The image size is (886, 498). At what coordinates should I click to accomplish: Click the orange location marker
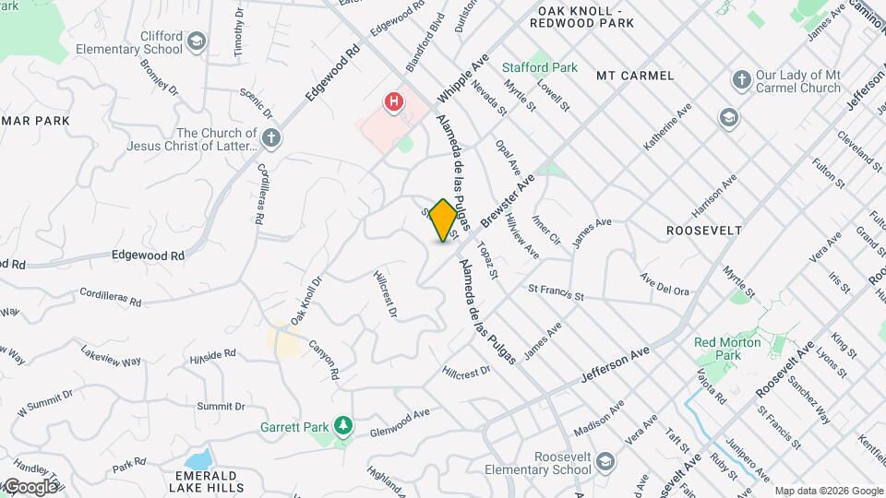pyautogui.click(x=444, y=220)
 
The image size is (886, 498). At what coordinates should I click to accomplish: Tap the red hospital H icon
pyautogui.click(x=395, y=101)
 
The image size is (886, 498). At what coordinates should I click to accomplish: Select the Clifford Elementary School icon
pyautogui.click(x=197, y=41)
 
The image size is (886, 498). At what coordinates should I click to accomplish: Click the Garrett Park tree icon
pyautogui.click(x=342, y=425)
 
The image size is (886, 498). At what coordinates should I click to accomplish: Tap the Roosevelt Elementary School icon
pyautogui.click(x=605, y=460)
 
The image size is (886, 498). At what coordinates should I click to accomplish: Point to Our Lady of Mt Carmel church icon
pyautogui.click(x=740, y=80)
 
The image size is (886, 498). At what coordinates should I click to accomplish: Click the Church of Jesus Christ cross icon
pyautogui.click(x=270, y=138)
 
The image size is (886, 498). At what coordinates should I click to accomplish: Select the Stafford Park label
pyautogui.click(x=539, y=67)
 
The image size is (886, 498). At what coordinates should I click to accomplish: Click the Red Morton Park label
pyautogui.click(x=728, y=349)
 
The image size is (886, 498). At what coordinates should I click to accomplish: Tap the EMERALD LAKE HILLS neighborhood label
pyautogui.click(x=191, y=486)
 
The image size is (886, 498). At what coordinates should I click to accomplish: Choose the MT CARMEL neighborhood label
pyautogui.click(x=635, y=75)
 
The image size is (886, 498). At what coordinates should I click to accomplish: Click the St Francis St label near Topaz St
pyautogui.click(x=556, y=293)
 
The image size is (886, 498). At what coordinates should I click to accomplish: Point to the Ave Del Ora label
pyautogui.click(x=664, y=284)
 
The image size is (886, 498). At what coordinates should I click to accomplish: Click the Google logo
pyautogui.click(x=30, y=486)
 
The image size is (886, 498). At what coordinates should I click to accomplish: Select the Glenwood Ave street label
pyautogui.click(x=400, y=423)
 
